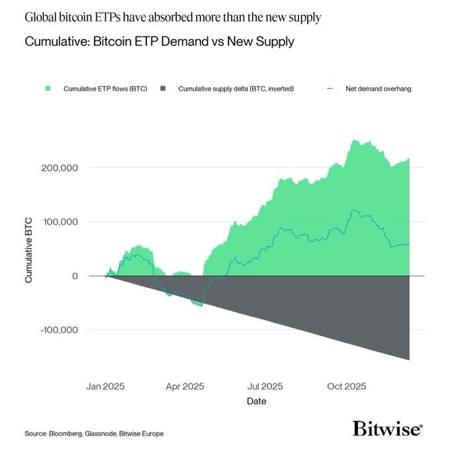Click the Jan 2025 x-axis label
pos(105,385)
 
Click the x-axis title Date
pos(257,401)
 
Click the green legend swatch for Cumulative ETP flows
pos(48,88)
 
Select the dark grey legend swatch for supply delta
pos(163,88)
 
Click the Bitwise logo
pos(387,428)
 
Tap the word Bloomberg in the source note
pos(65,433)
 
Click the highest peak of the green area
pos(355,140)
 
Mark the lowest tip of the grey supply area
pos(409,359)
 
